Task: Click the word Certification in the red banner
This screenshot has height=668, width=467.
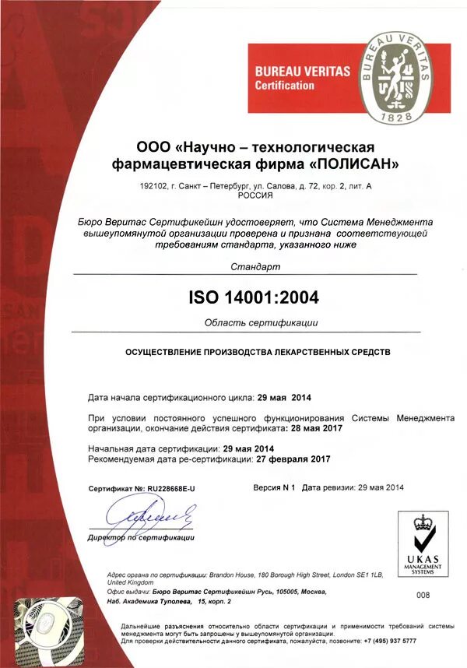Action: (x=285, y=86)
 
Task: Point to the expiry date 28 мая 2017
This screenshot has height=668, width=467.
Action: (x=315, y=428)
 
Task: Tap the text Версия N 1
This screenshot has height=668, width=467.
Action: (x=275, y=487)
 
